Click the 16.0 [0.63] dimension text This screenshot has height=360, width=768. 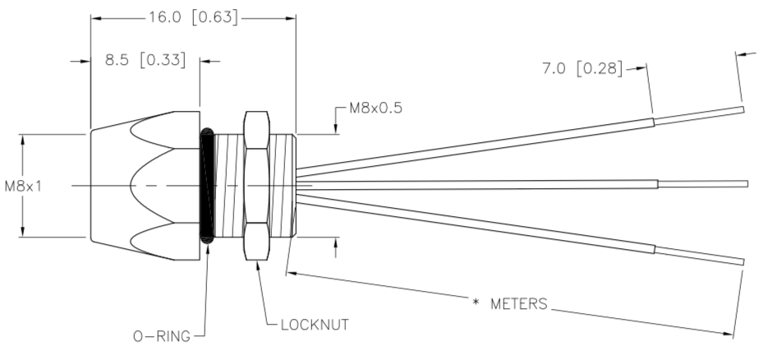click(194, 17)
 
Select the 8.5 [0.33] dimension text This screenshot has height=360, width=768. click(145, 60)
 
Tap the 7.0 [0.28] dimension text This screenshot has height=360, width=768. click(582, 68)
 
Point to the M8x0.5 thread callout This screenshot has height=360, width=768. click(375, 108)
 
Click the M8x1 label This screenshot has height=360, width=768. click(24, 187)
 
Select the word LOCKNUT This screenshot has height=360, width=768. click(315, 325)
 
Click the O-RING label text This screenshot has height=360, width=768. click(162, 336)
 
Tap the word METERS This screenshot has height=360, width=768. click(518, 304)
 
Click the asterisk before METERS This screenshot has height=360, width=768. click(476, 302)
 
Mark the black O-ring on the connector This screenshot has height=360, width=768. click(208, 186)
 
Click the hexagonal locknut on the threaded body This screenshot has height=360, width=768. click(256, 186)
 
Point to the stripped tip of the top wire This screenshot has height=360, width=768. click(699, 116)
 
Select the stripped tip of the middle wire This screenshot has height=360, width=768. click(703, 184)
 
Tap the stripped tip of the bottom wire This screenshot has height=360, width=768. click(700, 256)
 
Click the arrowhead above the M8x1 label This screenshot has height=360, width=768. click(22, 140)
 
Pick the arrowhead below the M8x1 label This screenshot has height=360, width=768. click(22, 232)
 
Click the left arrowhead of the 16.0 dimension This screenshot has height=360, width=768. click(96, 18)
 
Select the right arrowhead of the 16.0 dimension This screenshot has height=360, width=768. click(290, 18)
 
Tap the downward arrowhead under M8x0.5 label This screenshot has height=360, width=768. click(336, 128)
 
